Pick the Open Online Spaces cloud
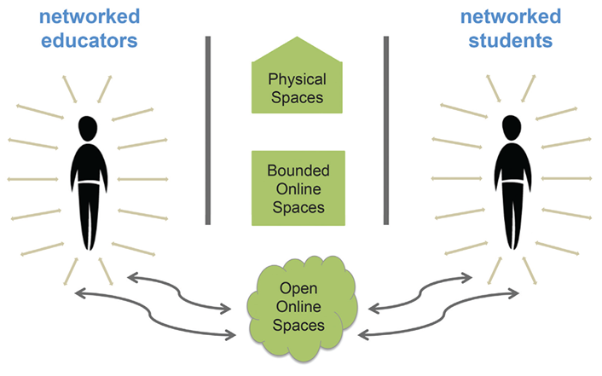[293, 309]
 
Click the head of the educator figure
[88, 127]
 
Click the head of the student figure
[510, 127]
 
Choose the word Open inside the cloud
[294, 290]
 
